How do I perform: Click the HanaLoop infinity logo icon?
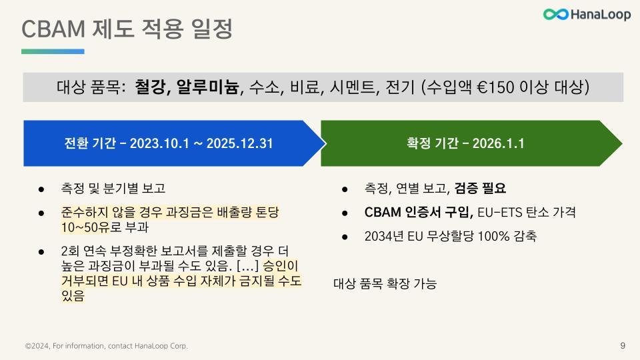tap(555, 14)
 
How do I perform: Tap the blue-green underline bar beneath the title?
tap(53, 51)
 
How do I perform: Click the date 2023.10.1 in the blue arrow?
tap(156, 143)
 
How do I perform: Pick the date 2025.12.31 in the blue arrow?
tap(239, 143)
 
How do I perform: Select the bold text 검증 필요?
tap(480, 188)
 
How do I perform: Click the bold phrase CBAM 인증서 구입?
tap(419, 212)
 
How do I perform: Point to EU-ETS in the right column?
tap(499, 212)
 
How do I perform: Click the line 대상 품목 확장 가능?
tap(385, 284)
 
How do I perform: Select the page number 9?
tap(623, 345)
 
